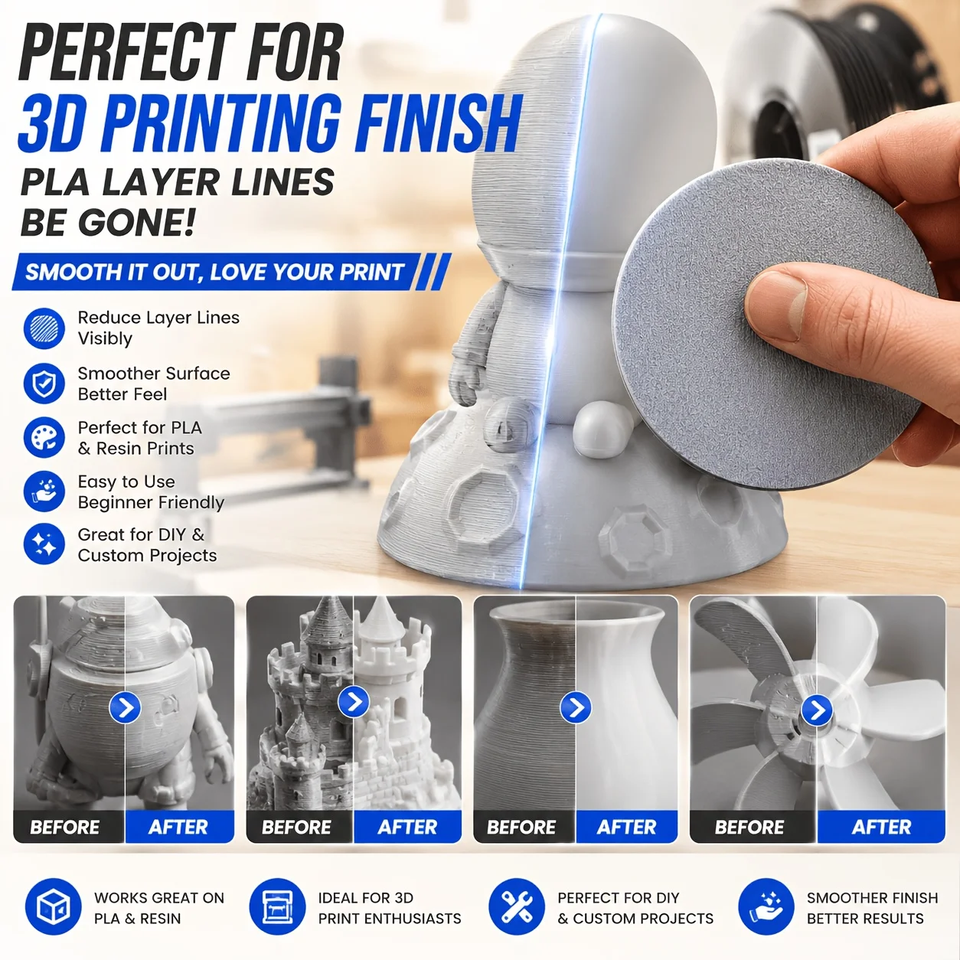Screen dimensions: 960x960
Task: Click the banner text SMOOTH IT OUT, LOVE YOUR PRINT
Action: (214, 272)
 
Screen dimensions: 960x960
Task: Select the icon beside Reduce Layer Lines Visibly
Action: (44, 328)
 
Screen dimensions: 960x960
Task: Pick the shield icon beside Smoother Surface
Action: (44, 383)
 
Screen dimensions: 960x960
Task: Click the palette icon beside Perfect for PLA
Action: (44, 437)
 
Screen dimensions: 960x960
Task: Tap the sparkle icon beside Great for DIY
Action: (44, 544)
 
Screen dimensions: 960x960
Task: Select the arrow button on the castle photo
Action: (354, 702)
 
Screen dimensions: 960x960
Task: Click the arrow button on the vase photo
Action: (576, 707)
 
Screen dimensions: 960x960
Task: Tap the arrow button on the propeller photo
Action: (817, 710)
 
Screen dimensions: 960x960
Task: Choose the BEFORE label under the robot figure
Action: (65, 828)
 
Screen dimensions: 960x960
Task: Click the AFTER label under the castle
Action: (407, 828)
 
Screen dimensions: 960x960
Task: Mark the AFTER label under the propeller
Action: (881, 828)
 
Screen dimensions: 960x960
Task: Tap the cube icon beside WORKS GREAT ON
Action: (53, 906)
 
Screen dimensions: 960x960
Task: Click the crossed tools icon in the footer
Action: (517, 906)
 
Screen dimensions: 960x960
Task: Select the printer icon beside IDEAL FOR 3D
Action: (277, 906)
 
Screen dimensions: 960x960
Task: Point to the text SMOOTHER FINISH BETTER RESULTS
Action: (872, 908)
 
